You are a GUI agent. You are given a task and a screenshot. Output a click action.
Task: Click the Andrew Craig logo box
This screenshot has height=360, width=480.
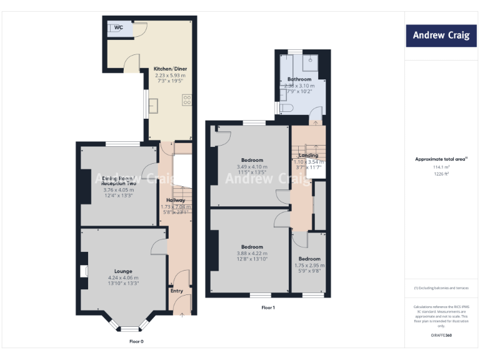click(x=441, y=36)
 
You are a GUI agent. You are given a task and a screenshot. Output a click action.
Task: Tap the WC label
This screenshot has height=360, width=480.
click(x=118, y=27)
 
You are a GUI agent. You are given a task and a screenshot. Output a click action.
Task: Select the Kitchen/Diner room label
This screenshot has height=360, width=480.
click(x=171, y=69)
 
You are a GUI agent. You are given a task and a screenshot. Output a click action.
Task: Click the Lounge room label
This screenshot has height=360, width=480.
click(x=122, y=271)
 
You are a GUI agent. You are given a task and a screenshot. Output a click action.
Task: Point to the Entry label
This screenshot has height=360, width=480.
click(x=177, y=291)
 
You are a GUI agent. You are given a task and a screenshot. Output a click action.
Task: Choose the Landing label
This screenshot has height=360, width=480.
click(x=308, y=155)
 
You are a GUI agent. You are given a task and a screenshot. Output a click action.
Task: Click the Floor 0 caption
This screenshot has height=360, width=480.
click(x=136, y=341)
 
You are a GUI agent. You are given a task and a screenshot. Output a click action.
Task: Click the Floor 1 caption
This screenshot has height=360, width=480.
click(x=267, y=307)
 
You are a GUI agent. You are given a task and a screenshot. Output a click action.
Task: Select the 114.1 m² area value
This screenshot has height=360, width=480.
click(x=441, y=167)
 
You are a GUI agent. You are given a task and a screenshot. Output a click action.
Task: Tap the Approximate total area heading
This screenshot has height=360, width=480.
click(x=441, y=159)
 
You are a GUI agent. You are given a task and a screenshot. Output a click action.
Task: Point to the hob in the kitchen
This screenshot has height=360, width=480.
click(x=186, y=99)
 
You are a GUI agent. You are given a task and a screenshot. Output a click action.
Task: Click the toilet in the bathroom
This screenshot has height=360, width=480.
click(x=286, y=109)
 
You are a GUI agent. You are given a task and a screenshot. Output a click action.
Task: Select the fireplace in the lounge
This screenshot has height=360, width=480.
click(x=83, y=271)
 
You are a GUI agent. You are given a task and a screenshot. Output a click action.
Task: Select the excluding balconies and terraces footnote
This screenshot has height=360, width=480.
click(x=441, y=287)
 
